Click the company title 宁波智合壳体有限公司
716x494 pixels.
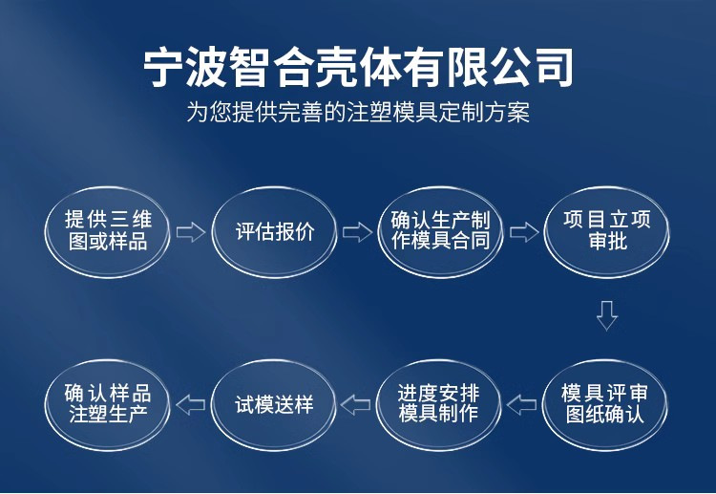tap(358, 68)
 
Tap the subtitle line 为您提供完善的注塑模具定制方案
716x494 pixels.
tap(358, 113)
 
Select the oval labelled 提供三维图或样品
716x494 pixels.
tap(108, 231)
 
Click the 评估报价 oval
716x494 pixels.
tap(274, 231)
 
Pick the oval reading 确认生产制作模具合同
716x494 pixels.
tap(440, 231)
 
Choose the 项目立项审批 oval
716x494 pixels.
tap(607, 231)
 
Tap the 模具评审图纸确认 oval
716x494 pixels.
tap(607, 404)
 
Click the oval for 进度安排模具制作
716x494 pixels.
tap(440, 404)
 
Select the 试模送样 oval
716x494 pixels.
tap(274, 404)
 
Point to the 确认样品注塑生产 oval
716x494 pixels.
tap(108, 404)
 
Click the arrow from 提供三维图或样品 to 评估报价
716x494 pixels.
tap(191, 232)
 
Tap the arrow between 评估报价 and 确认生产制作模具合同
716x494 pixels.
tap(357, 232)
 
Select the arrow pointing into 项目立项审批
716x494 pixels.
tap(524, 232)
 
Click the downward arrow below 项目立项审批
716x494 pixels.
tap(607, 315)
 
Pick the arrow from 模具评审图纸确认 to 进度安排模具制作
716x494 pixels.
tap(522, 405)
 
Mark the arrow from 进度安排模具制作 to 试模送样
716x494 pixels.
tap(356, 405)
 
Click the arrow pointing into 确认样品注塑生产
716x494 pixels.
tap(191, 405)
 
